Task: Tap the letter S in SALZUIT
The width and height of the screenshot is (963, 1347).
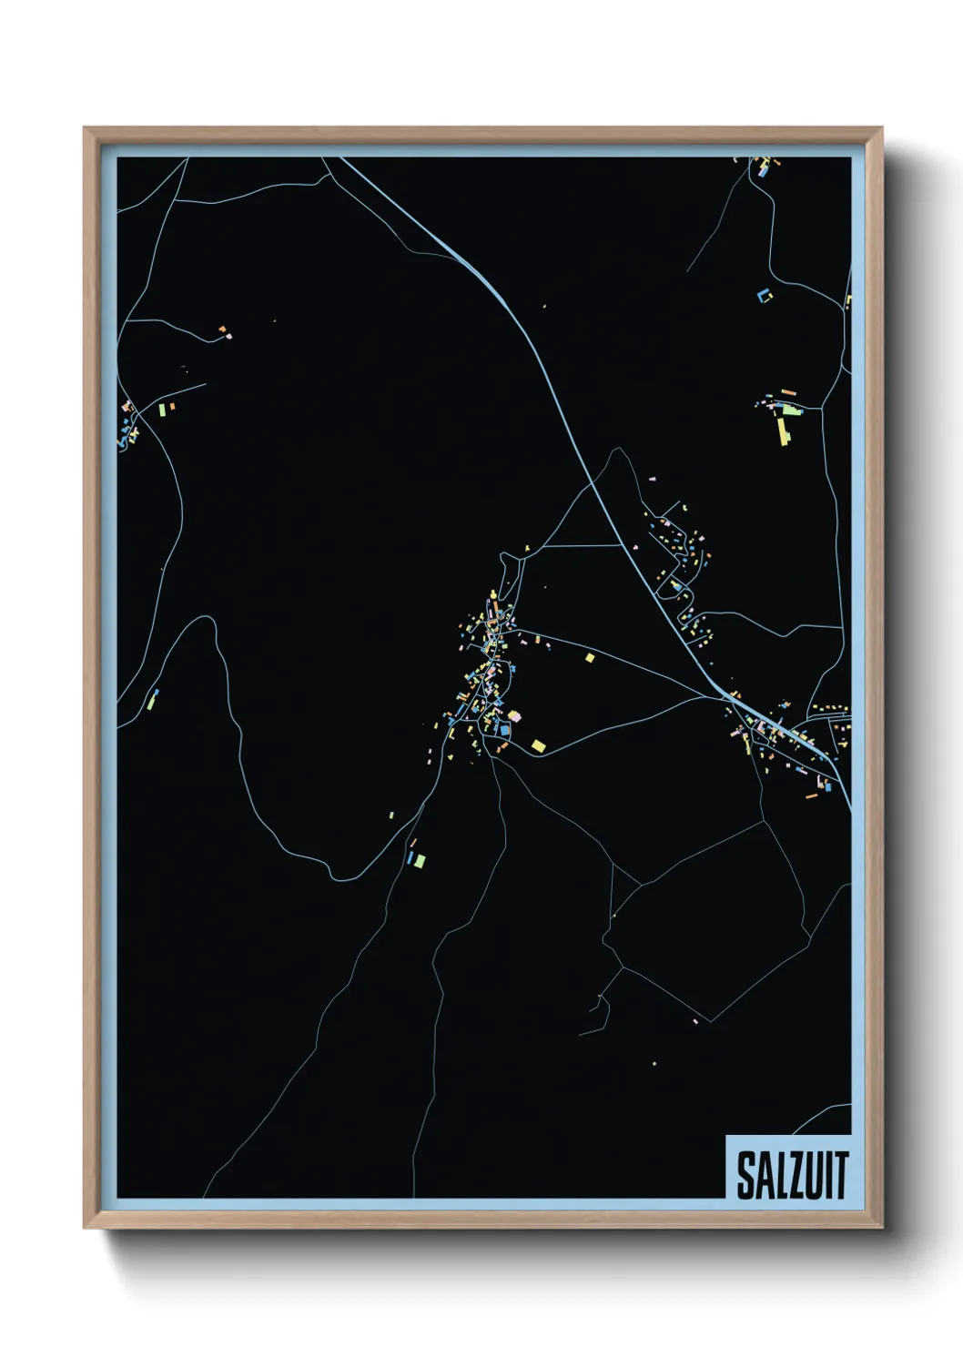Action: tap(745, 1176)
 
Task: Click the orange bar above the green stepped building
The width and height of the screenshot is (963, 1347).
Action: tap(787, 393)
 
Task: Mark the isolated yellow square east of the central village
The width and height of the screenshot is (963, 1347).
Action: tap(590, 657)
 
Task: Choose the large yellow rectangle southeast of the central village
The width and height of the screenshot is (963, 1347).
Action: tap(538, 745)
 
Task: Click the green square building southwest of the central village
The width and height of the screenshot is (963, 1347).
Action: tap(420, 860)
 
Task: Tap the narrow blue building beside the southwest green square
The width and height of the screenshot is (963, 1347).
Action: tap(410, 858)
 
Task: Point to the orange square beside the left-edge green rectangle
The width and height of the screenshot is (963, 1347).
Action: tap(170, 406)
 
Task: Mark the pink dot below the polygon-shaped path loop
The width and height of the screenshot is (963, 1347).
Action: tap(694, 1021)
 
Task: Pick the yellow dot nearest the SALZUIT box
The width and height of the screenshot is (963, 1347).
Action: tap(654, 1062)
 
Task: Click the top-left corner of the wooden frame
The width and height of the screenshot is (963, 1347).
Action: tap(85, 128)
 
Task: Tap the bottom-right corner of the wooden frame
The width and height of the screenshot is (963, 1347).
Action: tap(882, 1228)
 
